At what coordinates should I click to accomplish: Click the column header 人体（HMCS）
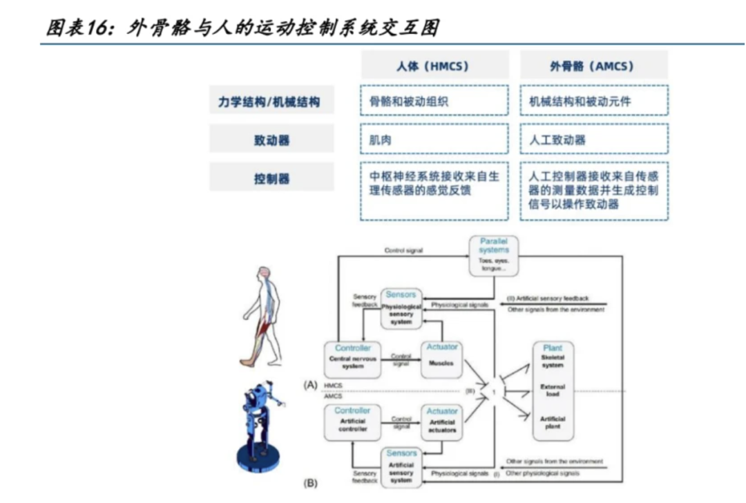tap(434, 66)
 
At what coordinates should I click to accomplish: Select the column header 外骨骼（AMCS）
tap(593, 66)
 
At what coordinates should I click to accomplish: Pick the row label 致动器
tap(271, 140)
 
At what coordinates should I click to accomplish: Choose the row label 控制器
tap(271, 179)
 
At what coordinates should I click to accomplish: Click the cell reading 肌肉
tap(434, 140)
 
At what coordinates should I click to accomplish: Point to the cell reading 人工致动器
tap(593, 140)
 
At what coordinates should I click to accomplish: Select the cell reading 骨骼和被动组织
tap(434, 101)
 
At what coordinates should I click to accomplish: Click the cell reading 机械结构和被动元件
tap(593, 101)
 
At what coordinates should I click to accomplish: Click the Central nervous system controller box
tap(353, 359)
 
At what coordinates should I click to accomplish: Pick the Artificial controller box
tap(353, 422)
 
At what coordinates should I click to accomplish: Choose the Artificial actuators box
tap(442, 422)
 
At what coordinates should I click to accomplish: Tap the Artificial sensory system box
tap(401, 468)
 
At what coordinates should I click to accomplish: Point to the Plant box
tap(553, 391)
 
